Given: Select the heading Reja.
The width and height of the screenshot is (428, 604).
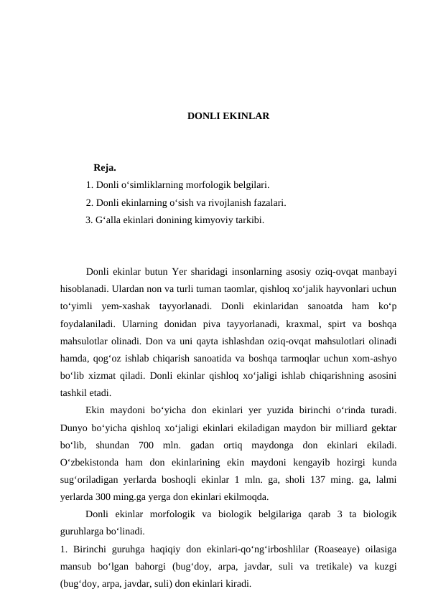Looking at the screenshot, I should pos(105,169).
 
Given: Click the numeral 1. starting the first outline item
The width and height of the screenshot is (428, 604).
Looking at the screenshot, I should pos(89,185).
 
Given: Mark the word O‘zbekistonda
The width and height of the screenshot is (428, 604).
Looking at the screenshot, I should pos(91,463).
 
